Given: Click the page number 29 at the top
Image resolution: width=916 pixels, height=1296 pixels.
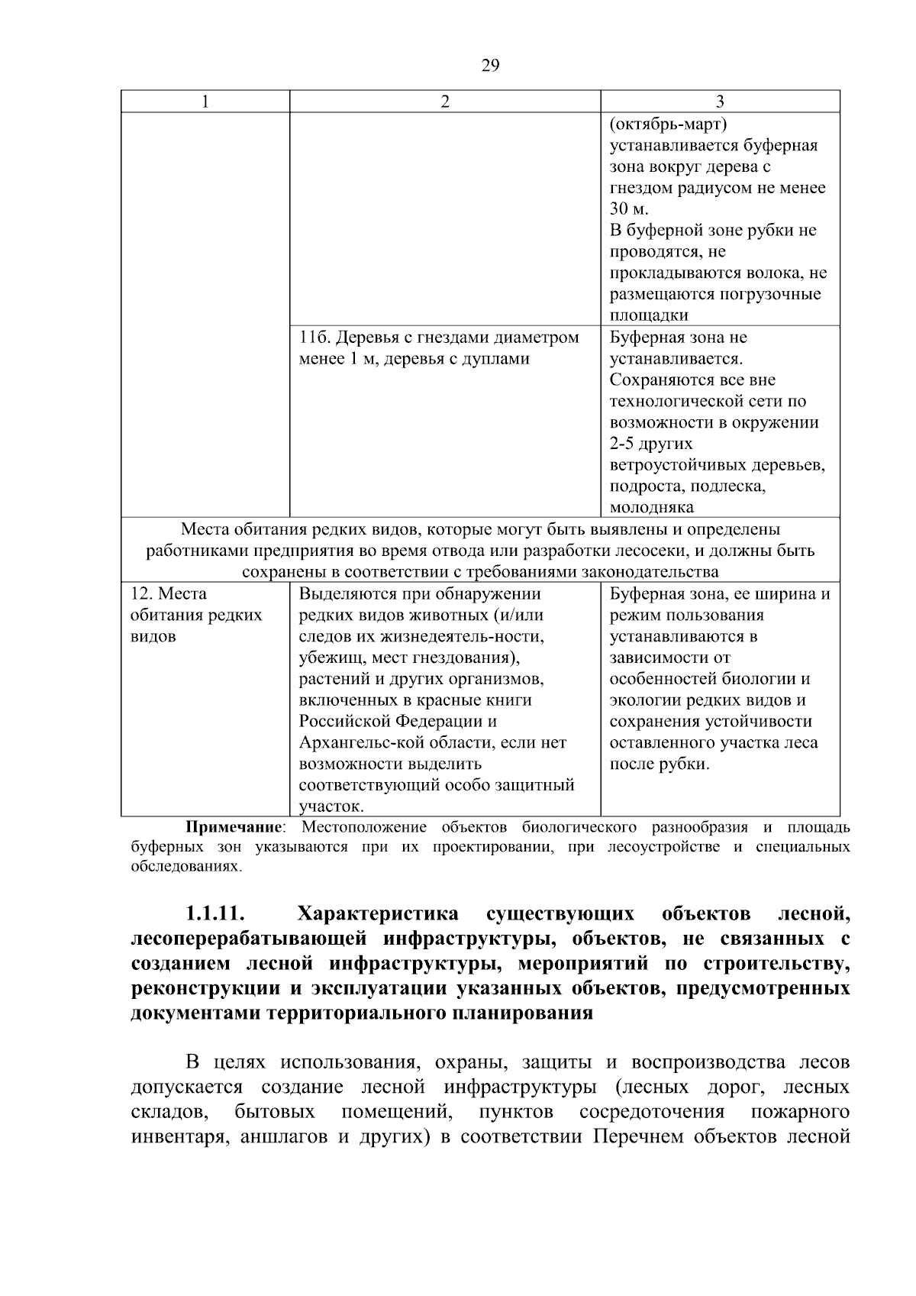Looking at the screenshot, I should tap(490, 65).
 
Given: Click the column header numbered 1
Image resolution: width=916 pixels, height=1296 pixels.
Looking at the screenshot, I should tap(205, 102).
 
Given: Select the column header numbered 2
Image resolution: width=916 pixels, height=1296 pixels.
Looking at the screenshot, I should tap(445, 102).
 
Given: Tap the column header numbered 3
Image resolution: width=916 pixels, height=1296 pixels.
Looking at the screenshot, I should tap(720, 102).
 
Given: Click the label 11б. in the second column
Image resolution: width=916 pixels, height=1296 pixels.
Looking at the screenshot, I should tap(314, 338).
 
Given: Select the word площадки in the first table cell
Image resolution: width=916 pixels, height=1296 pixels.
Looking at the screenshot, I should tap(649, 315).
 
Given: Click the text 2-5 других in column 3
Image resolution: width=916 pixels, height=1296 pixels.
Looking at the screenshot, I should tap(651, 444).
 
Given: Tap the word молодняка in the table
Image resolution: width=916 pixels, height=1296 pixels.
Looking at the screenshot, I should tap(652, 508).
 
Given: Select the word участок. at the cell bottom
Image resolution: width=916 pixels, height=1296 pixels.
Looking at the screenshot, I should tap(331, 806).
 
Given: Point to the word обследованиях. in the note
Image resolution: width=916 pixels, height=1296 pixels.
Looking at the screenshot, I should tap(186, 867).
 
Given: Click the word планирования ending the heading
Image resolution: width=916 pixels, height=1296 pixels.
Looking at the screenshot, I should tap(526, 1014).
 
